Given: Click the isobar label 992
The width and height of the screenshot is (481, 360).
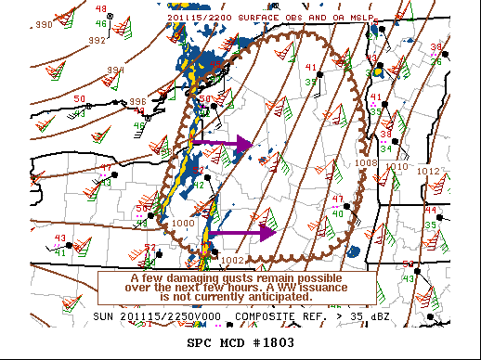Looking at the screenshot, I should click(x=97, y=40).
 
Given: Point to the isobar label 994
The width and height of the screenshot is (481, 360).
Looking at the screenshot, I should click(x=114, y=71).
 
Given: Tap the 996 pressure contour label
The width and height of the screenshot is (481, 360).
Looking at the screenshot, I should click(x=137, y=101).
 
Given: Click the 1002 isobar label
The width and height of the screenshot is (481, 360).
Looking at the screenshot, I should click(x=231, y=260).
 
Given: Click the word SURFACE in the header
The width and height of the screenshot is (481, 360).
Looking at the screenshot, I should click(x=254, y=16).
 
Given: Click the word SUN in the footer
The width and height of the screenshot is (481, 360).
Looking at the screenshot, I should click(x=105, y=316).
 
